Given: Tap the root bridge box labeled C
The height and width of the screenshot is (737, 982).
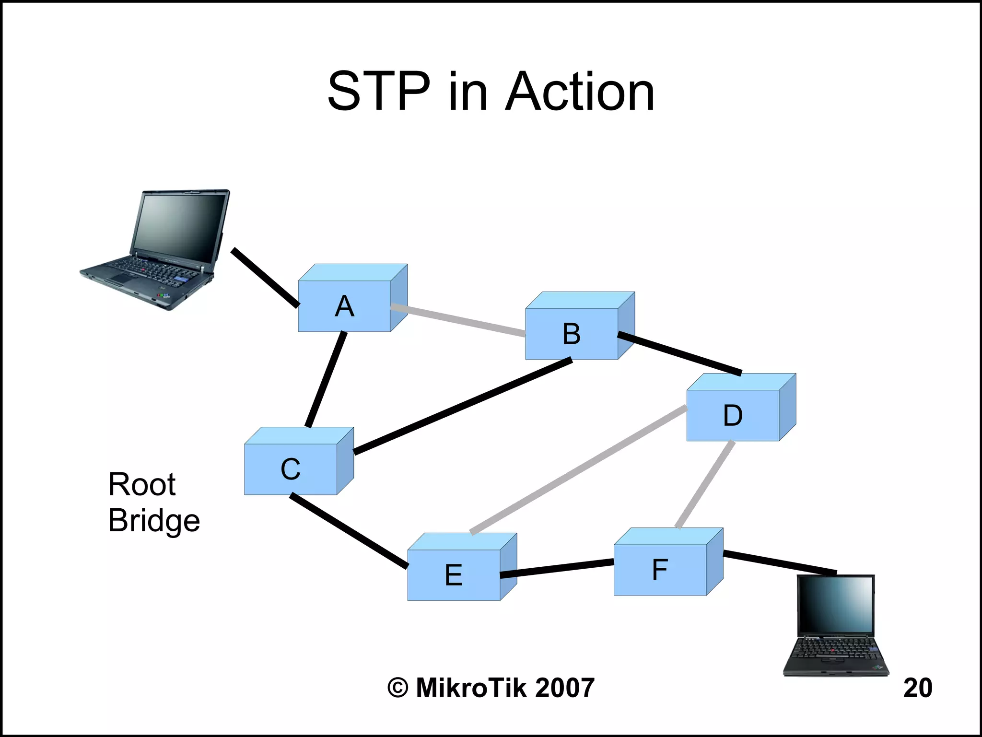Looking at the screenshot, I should click(x=291, y=468).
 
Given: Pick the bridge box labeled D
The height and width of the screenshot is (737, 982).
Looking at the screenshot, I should click(x=733, y=415).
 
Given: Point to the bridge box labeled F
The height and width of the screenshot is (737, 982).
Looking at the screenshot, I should click(x=660, y=569).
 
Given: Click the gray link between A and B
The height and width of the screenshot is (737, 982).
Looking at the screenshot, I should click(x=458, y=320).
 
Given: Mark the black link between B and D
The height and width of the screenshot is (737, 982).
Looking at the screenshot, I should click(x=679, y=354).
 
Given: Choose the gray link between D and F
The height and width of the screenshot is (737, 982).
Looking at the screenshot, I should click(x=705, y=484).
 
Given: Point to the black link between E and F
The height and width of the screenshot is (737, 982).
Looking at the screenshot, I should click(x=557, y=568).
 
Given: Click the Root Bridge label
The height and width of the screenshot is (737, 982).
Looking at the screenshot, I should click(x=153, y=502).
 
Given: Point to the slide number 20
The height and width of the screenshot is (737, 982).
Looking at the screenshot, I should click(x=917, y=688).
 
